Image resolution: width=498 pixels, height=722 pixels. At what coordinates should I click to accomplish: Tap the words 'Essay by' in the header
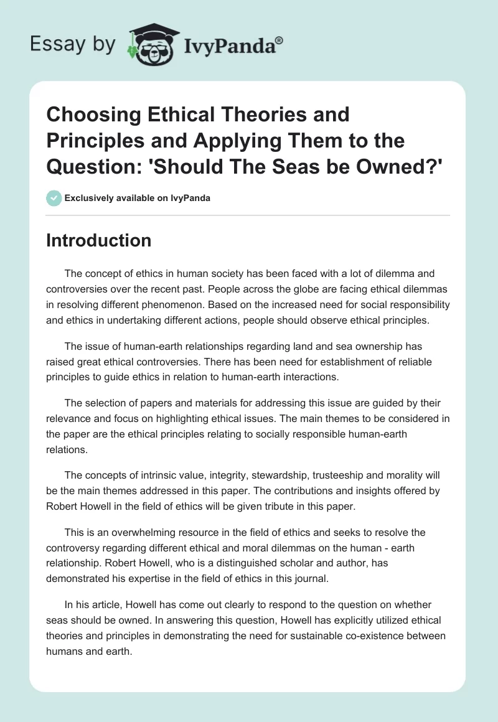pos(73,45)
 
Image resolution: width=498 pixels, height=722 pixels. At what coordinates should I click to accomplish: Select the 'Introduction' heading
pos(98,240)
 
